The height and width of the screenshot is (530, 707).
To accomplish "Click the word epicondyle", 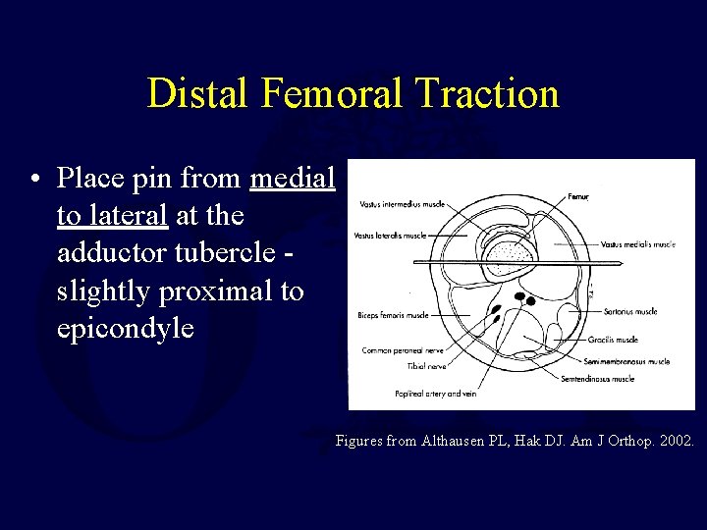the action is [x=126, y=328].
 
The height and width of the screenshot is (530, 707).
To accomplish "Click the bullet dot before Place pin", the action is [x=35, y=180].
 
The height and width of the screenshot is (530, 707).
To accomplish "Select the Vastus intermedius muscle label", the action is [x=402, y=204].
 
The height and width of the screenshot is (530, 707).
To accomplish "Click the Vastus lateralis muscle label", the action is [x=393, y=237].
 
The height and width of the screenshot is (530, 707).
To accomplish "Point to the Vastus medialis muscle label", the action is [x=638, y=244].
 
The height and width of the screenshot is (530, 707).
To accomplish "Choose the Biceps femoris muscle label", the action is [x=393, y=315].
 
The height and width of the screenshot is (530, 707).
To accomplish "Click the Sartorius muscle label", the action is [x=631, y=312].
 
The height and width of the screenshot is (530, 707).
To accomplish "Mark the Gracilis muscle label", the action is [x=614, y=340].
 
